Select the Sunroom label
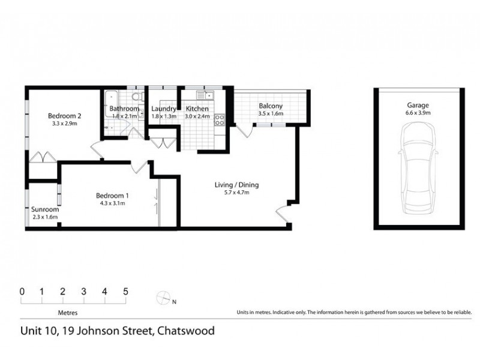point(45,210)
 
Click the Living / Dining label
point(236,185)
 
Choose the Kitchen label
point(197,109)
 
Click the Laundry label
point(164,109)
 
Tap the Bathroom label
point(124,109)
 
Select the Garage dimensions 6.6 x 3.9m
point(418,112)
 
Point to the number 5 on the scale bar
point(126,292)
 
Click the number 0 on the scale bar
point(22,292)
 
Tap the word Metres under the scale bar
point(67,313)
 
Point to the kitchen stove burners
point(220,119)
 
